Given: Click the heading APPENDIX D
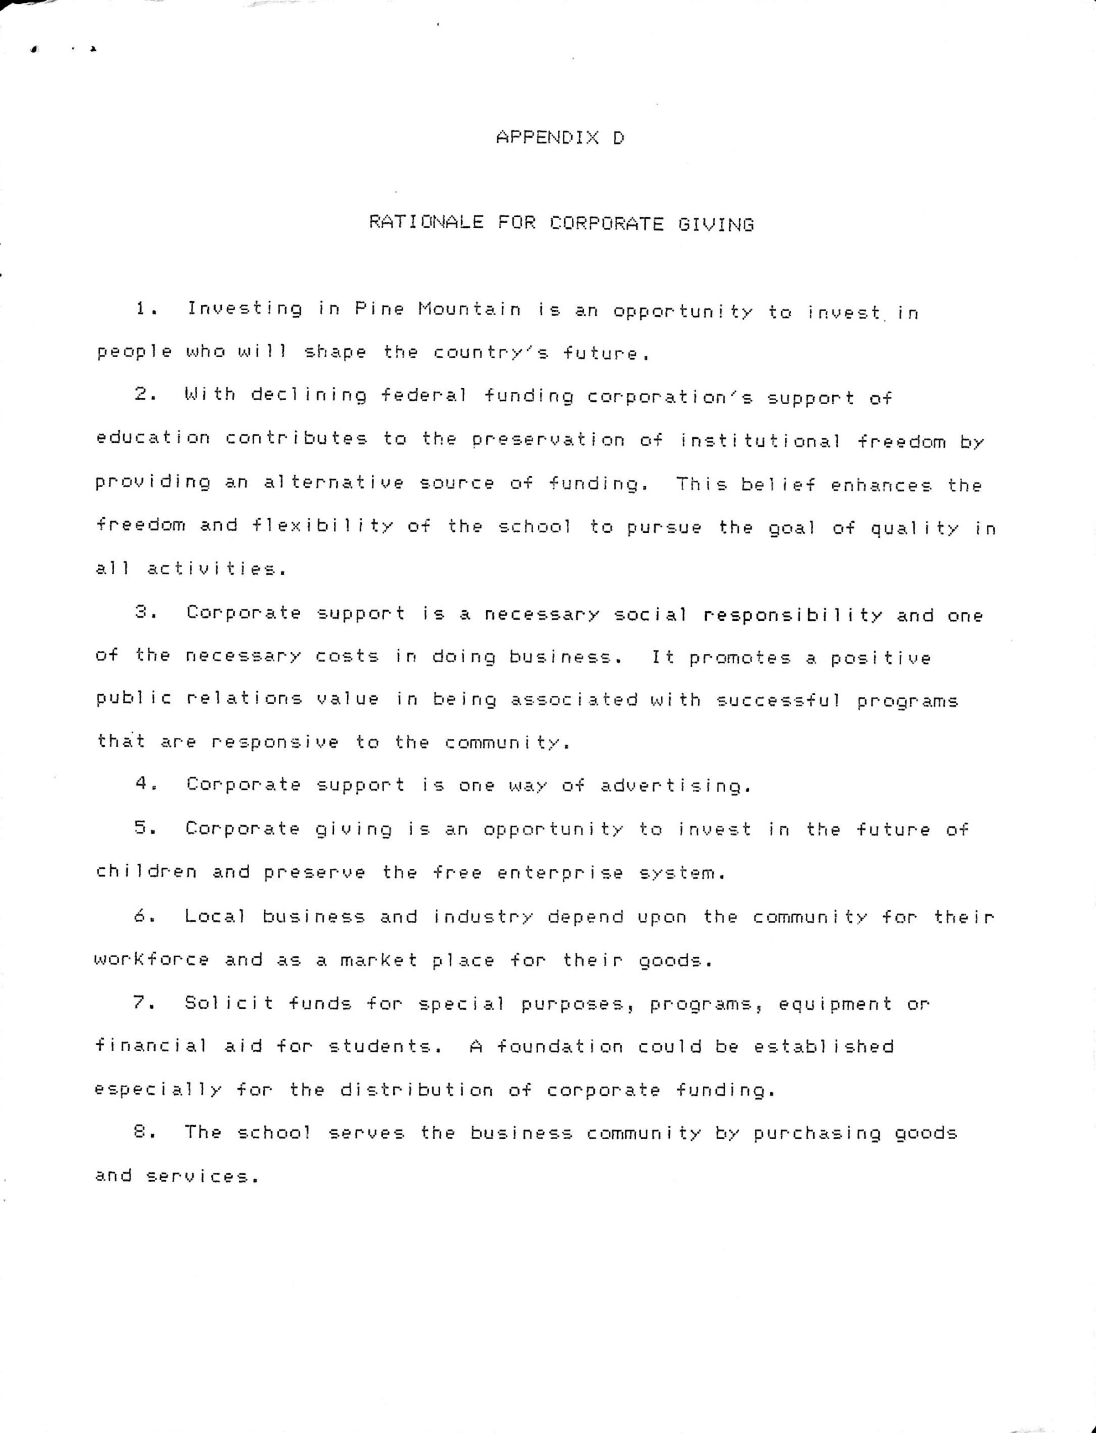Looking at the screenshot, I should click(x=559, y=138).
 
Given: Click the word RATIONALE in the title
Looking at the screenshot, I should click(x=426, y=222).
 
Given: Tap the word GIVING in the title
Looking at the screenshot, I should click(x=716, y=225).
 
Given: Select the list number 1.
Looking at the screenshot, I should click(x=145, y=308).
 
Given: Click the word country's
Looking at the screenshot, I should click(x=491, y=353).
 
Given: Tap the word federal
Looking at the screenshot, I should click(x=423, y=396).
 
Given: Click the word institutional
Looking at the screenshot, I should click(x=760, y=441).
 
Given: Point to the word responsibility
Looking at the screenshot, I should click(x=792, y=615).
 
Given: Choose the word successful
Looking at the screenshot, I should click(x=778, y=700).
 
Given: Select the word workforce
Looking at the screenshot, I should click(x=152, y=959).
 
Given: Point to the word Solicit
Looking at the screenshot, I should click(x=229, y=1002).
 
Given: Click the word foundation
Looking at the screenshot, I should click(x=559, y=1046).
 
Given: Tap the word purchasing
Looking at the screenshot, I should click(x=817, y=1133).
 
